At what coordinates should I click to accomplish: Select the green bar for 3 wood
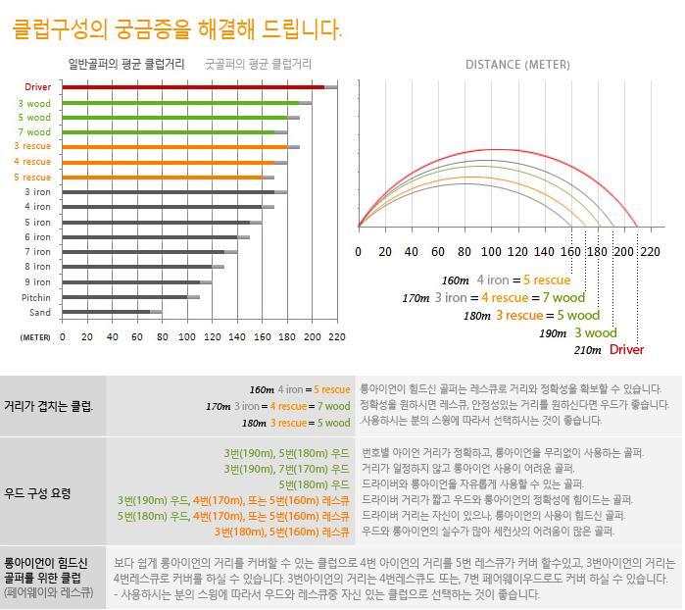(180, 102)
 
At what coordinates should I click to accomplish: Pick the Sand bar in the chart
(106, 312)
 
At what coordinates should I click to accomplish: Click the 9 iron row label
(37, 282)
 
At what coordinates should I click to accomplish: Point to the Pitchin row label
(36, 297)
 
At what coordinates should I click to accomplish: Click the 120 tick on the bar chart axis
(212, 336)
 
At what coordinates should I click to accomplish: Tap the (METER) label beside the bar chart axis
(35, 337)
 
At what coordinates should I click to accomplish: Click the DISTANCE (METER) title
(516, 65)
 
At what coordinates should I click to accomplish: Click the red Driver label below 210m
(626, 350)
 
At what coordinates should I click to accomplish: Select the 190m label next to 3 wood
(552, 333)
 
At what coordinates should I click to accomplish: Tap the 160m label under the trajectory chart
(455, 280)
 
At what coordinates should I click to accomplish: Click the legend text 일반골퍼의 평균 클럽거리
(125, 64)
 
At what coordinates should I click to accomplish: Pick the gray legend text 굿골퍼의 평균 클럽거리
(258, 64)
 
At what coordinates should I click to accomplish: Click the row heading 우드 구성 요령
(38, 493)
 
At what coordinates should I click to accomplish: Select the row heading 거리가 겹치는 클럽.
(48, 405)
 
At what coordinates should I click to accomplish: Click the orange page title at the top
(176, 29)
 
